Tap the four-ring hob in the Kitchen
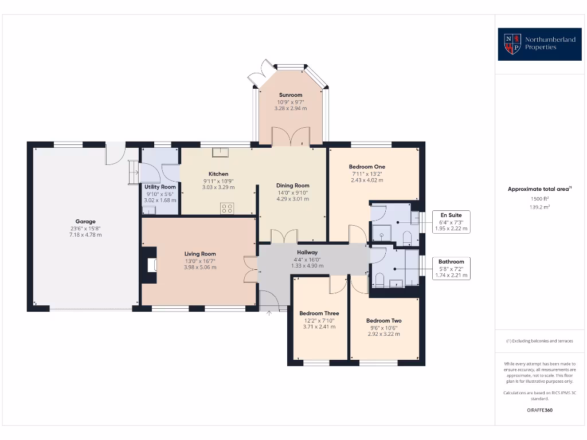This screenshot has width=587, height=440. (x=226, y=209)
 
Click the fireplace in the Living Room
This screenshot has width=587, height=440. (x=150, y=265)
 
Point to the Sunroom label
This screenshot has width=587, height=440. (x=291, y=95)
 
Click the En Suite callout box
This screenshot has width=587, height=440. (x=451, y=222)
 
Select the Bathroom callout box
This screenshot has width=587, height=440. (x=451, y=268)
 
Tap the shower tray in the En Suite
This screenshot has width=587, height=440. (x=381, y=232)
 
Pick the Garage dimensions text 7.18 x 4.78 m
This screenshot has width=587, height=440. (x=85, y=234)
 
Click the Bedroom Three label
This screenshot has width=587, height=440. (x=319, y=313)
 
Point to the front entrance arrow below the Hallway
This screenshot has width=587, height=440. (x=269, y=313)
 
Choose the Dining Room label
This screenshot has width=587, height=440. (x=292, y=186)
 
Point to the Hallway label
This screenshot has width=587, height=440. (x=307, y=253)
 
